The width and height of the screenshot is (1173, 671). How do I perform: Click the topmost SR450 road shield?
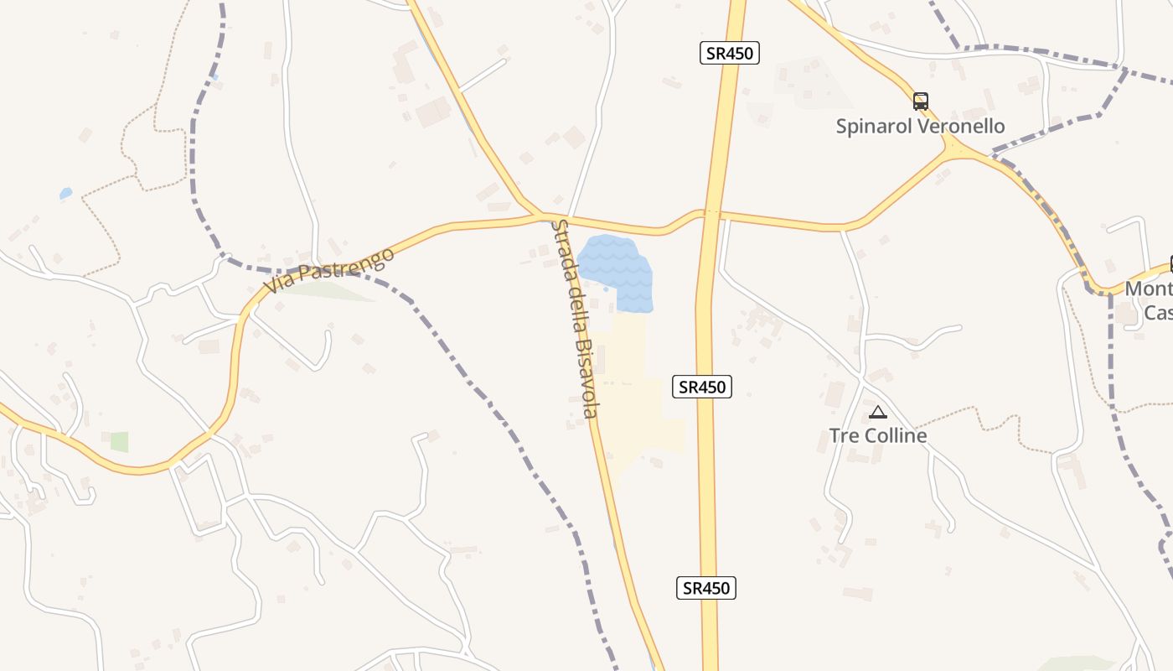tap(729, 54)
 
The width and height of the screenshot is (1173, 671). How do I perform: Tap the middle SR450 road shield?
tap(702, 387)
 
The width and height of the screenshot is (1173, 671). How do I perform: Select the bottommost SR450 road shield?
tap(705, 588)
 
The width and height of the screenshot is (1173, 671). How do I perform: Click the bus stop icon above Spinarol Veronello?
tap(920, 101)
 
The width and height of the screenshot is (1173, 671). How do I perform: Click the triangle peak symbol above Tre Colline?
tap(877, 412)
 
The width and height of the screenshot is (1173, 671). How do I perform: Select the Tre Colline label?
tap(877, 435)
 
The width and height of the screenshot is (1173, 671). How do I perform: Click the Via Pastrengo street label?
tap(328, 270)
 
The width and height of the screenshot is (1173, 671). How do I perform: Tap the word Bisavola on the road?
tap(586, 377)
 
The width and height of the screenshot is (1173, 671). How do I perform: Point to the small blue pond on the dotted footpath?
tap(65, 194)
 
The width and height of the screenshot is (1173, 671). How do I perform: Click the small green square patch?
tap(119, 442)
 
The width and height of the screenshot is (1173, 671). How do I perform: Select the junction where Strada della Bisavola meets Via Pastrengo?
tap(544, 216)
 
